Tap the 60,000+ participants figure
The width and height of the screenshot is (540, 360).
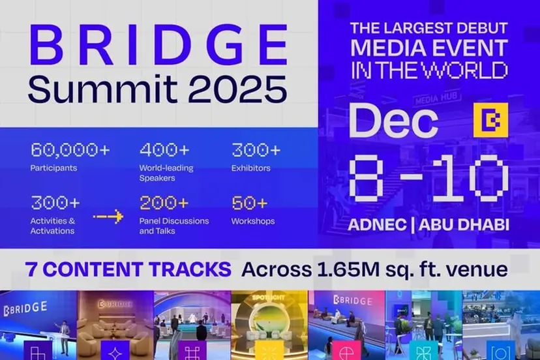70,150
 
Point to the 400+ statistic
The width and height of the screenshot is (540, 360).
164,150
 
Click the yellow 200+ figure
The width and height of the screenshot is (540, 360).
164,203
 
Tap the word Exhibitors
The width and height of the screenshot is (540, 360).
252,168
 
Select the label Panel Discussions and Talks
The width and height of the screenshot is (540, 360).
174,226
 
